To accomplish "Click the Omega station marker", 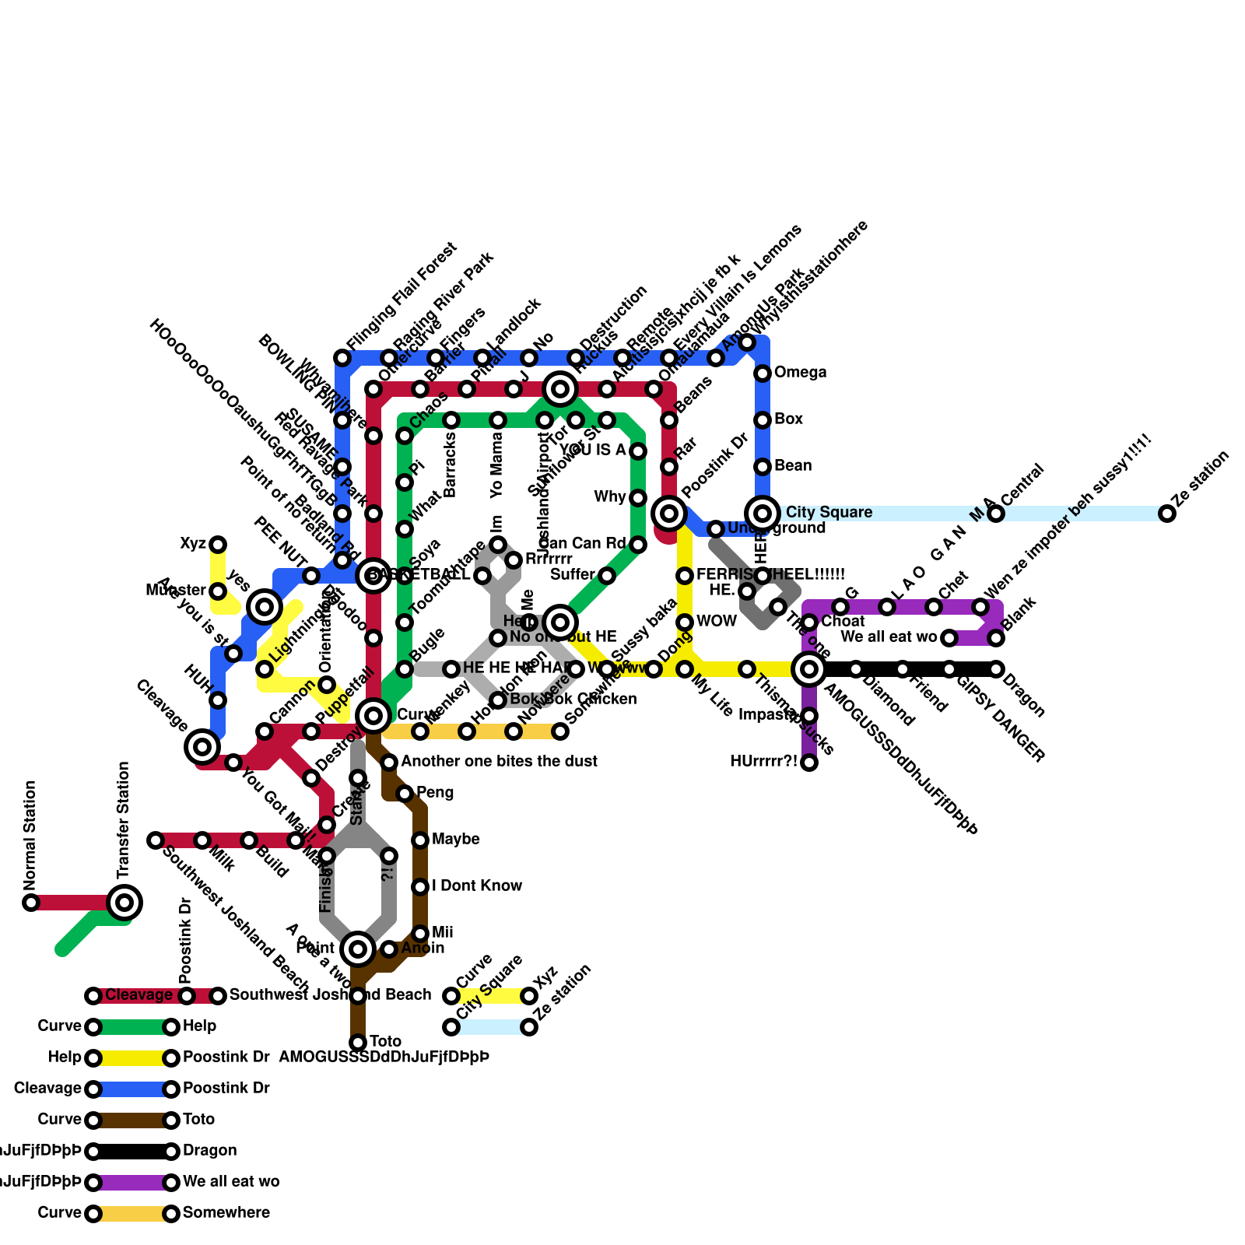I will tap(763, 373).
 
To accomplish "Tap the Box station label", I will tap(788, 419).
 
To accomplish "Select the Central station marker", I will tap(996, 514).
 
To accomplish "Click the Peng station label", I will tap(435, 793).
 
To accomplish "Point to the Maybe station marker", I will tap(420, 840).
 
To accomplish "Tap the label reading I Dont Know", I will tap(477, 886).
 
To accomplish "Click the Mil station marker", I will tap(420, 934).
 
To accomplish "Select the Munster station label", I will tap(176, 591).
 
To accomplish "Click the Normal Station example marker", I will tap(31, 903).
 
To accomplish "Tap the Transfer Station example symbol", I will tap(124, 903).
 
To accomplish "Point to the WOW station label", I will tap(717, 622).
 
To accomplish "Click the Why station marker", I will tap(638, 498).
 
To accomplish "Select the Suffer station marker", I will tap(607, 576).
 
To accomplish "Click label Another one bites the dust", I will tap(499, 762).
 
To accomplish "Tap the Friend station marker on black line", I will tap(903, 669).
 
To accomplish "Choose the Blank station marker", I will tap(996, 638).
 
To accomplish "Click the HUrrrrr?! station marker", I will tap(809, 763).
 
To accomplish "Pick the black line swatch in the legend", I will tap(132, 1152).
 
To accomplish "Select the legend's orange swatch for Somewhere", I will tap(132, 1214).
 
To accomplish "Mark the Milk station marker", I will tap(202, 840).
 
